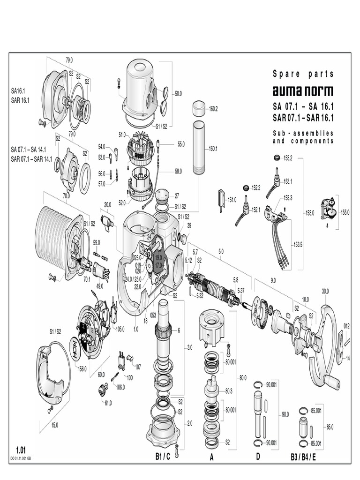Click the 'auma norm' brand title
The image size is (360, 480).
coord(303,91)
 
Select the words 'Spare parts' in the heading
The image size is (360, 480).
coord(303,74)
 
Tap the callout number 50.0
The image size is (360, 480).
coord(178,94)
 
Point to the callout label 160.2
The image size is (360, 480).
coord(213,109)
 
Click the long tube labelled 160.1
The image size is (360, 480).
coord(198,148)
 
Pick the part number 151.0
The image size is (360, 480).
coord(232,200)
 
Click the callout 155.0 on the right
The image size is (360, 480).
coord(345,212)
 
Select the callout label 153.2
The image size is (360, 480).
coord(287,158)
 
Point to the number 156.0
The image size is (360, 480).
coord(82,369)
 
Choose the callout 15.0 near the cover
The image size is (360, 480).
coord(54,425)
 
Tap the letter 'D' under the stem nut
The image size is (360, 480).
coord(257,456)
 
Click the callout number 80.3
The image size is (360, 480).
coord(229,390)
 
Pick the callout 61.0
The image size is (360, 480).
coord(108,403)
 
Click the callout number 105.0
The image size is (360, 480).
coord(120,329)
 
